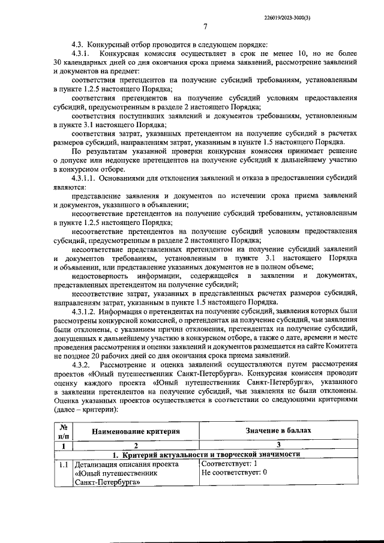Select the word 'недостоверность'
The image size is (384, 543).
(x=99, y=276)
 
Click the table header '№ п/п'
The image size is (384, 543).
(x=63, y=431)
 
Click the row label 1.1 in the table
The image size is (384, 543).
(x=63, y=464)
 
